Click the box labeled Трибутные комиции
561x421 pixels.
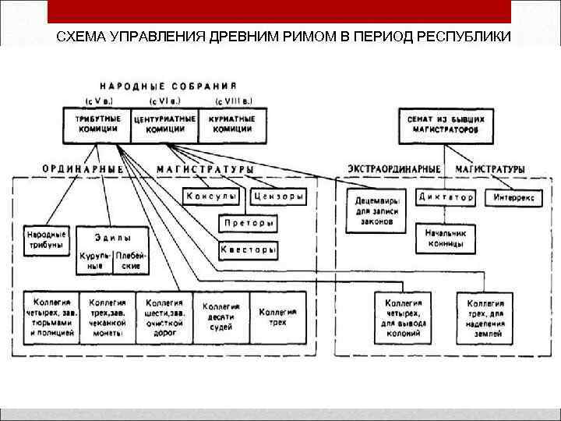pos(98,125)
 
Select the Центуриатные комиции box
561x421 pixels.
pos(165,125)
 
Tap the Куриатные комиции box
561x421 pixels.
pos(232,125)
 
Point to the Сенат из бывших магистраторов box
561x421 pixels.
pos(446,126)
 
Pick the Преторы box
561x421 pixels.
pos(246,223)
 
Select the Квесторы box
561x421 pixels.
pos(248,250)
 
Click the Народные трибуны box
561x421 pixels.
pos(47,238)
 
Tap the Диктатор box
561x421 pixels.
pos(445,197)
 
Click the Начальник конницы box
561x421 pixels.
pos(445,238)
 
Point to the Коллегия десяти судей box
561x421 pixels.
pos(221,317)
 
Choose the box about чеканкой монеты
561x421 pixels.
pos(108,317)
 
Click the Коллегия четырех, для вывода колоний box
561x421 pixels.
pos(403,317)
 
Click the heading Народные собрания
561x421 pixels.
pos(168,85)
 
